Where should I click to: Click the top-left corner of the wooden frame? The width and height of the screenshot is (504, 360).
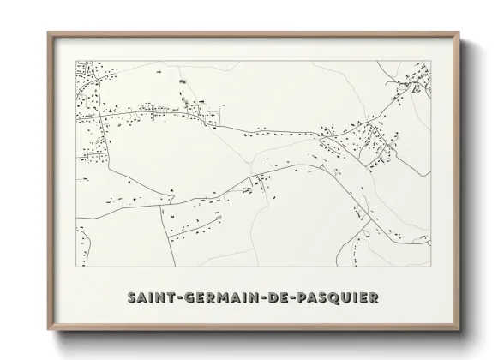click(x=47, y=33)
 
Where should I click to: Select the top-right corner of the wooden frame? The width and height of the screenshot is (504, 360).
click(x=460, y=33)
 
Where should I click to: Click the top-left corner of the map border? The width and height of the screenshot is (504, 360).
click(x=76, y=60)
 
